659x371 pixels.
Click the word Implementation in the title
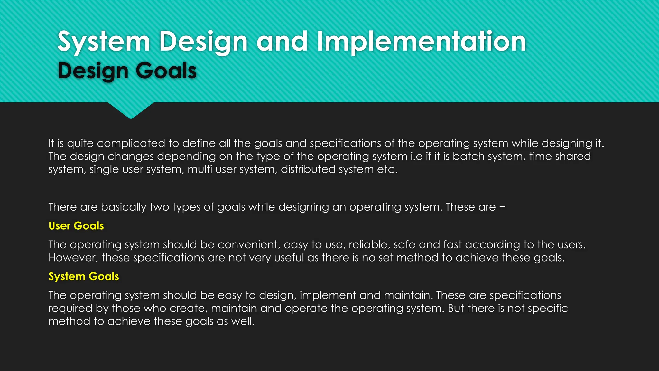tap(421, 42)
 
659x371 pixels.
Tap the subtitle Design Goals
tap(127, 71)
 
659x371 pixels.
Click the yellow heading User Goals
tap(76, 226)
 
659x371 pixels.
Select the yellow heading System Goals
tap(84, 276)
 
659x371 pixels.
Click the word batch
tap(466, 157)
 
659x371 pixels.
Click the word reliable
tap(369, 245)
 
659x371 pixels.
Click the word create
tap(188, 309)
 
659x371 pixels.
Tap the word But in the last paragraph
tap(456, 309)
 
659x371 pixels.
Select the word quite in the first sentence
tap(80, 144)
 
